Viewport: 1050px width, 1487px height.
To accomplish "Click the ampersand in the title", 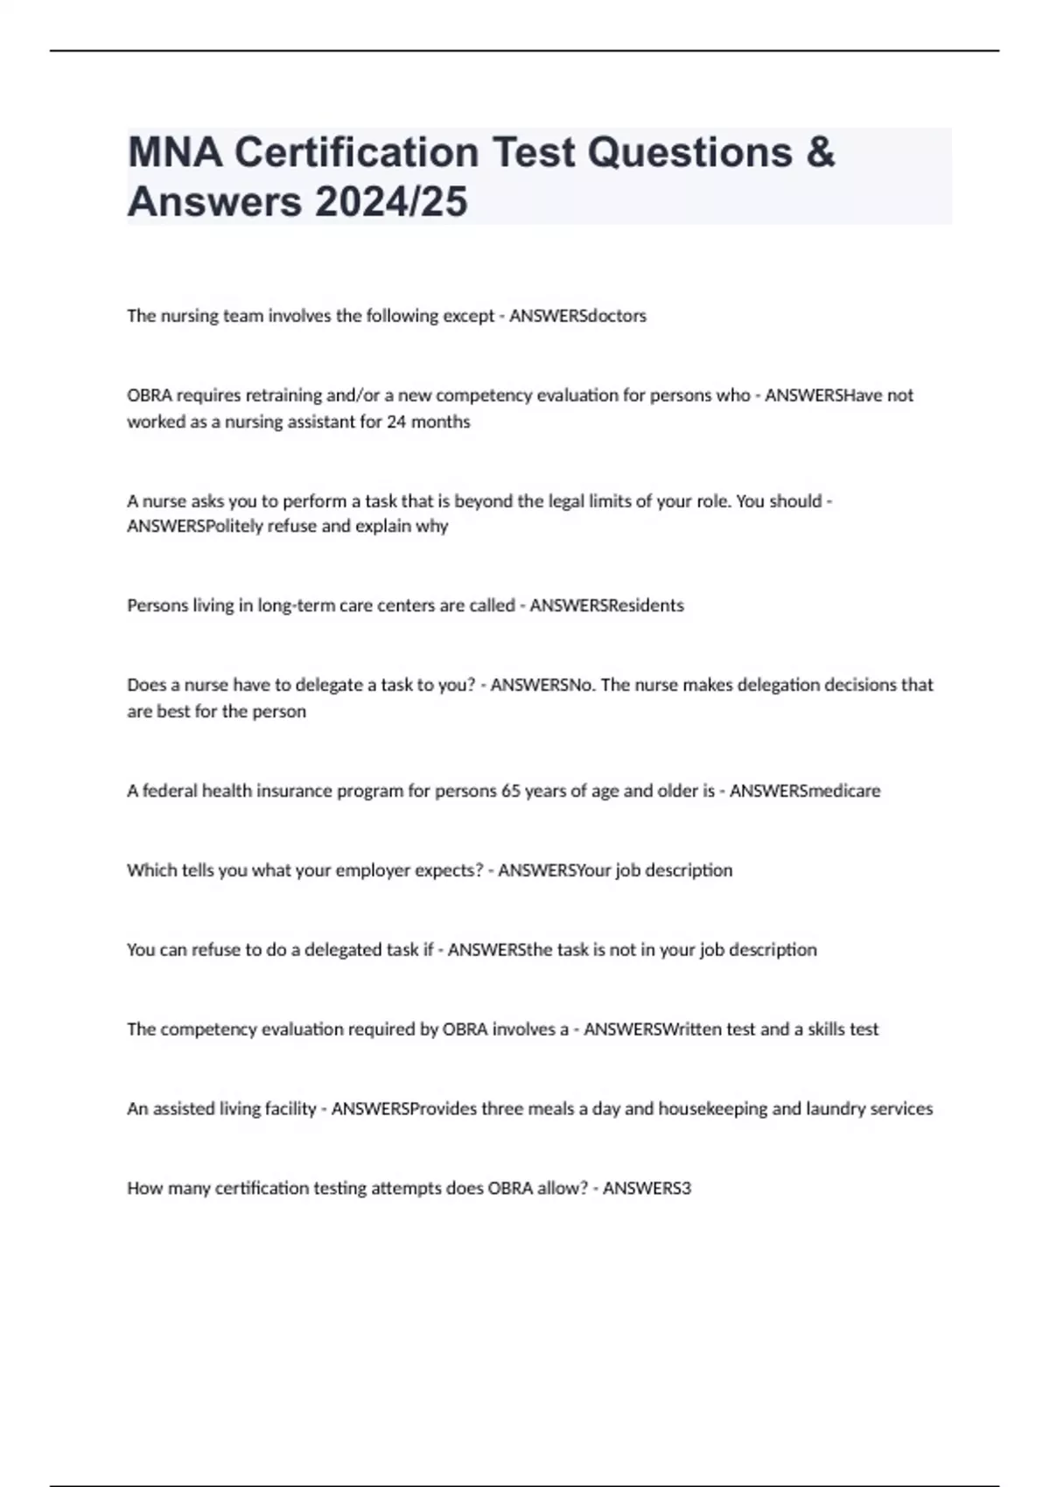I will (x=819, y=152).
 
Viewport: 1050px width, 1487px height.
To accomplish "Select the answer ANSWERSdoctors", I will (x=577, y=316).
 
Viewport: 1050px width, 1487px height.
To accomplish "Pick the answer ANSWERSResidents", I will (x=607, y=605).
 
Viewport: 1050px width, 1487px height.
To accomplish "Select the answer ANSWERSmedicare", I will (x=805, y=791).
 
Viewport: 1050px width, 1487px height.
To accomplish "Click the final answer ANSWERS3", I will (x=647, y=1189).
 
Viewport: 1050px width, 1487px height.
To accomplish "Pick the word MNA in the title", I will (x=175, y=152).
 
